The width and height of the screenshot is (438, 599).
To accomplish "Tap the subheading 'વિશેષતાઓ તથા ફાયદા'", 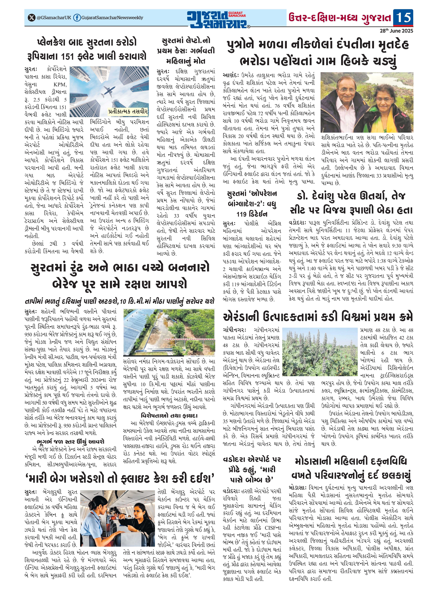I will click(x=169, y=415).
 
